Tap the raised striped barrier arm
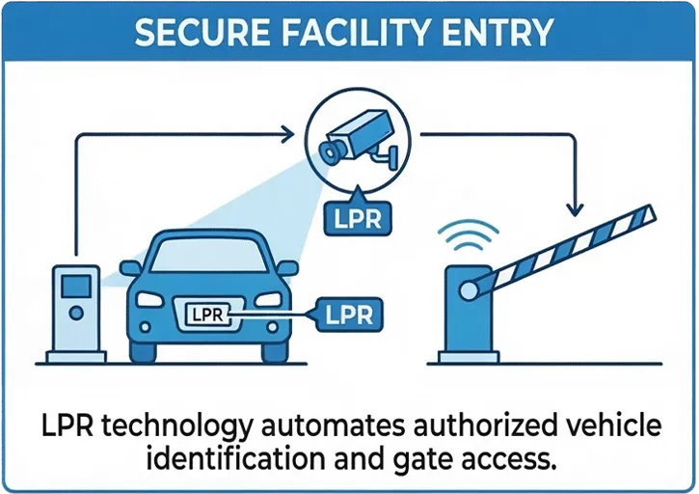click(569, 247)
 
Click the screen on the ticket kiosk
click(74, 284)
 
